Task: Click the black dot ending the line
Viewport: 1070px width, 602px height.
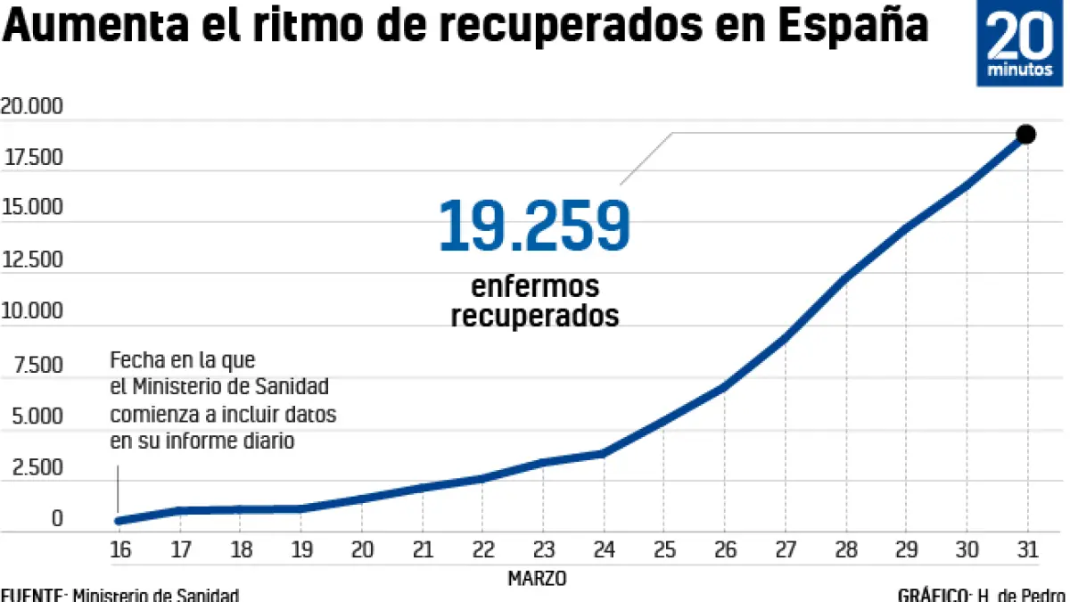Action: tap(1025, 135)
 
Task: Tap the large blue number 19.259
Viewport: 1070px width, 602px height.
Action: tap(534, 227)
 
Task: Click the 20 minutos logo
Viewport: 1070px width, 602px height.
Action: tap(1019, 44)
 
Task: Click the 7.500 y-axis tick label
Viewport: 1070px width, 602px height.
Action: tap(38, 365)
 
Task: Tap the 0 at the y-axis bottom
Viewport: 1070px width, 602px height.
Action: tap(57, 518)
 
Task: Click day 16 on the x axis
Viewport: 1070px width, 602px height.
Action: tap(120, 549)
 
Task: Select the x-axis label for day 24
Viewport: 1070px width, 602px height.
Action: tap(604, 549)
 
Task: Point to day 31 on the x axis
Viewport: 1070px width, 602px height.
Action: tap(1027, 549)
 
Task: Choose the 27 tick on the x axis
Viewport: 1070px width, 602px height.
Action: tap(786, 549)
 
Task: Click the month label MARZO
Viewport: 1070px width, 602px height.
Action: tap(537, 578)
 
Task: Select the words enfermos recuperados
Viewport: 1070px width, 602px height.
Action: tap(534, 301)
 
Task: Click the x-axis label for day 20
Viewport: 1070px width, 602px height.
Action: tap(362, 549)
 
